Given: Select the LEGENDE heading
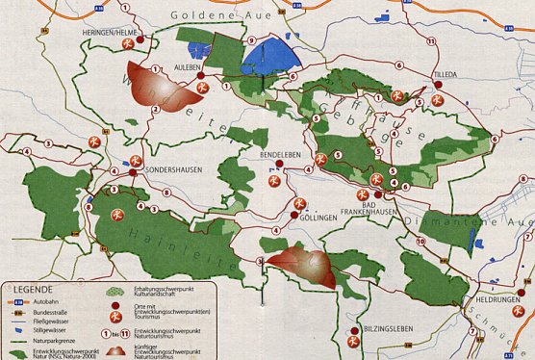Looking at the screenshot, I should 28,288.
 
